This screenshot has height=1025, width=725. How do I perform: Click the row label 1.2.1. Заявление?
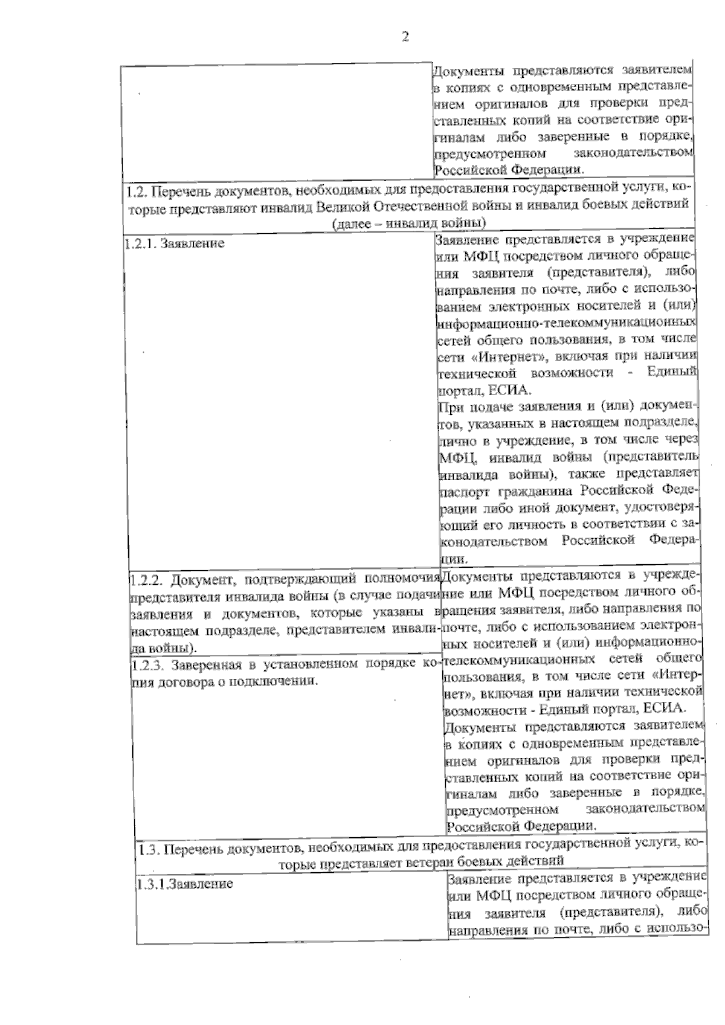point(174,243)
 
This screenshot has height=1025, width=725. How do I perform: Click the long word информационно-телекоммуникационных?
point(565,323)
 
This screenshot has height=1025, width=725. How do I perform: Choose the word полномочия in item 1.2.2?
point(402,580)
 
